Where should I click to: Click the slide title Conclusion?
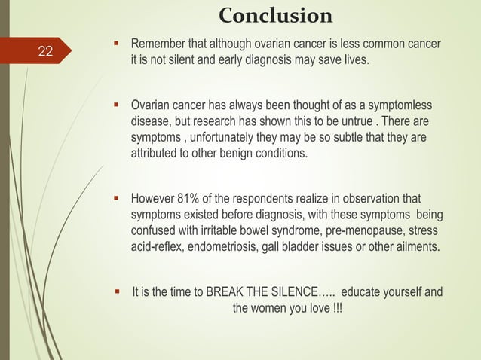coord(274,15)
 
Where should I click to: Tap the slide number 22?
coord(45,51)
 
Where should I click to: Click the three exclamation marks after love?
coord(335,309)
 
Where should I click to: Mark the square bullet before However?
coord(116,200)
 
